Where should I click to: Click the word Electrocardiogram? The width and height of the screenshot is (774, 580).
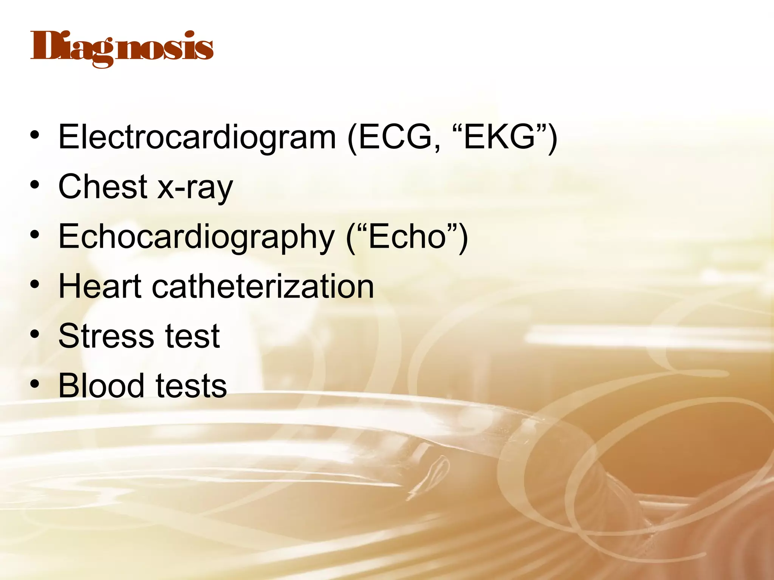[197, 137]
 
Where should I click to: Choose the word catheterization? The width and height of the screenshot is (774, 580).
[263, 286]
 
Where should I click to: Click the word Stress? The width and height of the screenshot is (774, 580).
[106, 336]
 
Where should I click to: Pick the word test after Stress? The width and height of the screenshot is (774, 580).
[193, 336]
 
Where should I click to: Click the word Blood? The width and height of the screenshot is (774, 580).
[101, 386]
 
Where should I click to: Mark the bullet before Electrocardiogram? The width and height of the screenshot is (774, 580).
[35, 136]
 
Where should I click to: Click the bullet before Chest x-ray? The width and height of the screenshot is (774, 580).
[35, 186]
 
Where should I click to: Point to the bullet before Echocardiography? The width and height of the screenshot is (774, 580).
[35, 236]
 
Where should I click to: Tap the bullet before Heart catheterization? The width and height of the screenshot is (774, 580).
[35, 286]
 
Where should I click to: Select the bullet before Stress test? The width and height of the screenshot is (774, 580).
[35, 336]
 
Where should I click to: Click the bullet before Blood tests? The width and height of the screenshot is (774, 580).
[35, 386]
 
